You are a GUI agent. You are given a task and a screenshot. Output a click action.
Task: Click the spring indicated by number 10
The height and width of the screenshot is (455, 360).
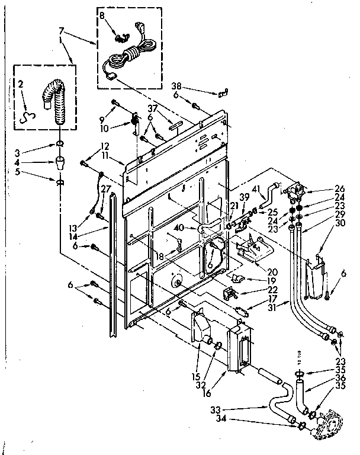[135, 123]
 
